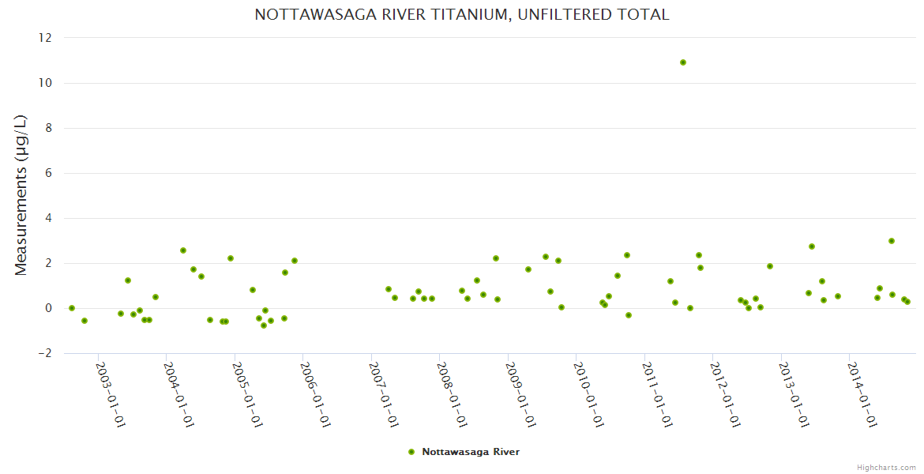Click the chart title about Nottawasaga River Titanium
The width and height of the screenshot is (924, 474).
462,15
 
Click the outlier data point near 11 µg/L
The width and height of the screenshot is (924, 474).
683,62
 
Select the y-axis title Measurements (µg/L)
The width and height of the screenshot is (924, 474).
21,195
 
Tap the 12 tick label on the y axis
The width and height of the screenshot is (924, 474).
45,38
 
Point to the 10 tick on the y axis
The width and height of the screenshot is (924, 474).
45,83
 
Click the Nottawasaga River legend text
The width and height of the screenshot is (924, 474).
471,452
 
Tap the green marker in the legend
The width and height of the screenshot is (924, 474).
411,452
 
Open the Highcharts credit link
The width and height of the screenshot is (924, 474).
886,467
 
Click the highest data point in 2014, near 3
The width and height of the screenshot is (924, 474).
892,241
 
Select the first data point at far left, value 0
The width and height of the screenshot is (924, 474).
72,308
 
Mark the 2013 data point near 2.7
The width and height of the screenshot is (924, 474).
812,246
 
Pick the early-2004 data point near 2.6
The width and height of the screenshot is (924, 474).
183,250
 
